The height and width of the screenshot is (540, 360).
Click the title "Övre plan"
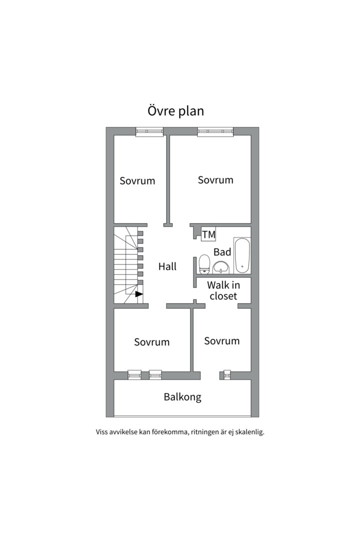click(175, 110)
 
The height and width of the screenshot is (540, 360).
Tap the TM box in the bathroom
click(208, 234)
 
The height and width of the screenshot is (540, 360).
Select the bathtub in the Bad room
click(242, 255)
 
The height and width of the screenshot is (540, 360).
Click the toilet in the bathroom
click(204, 264)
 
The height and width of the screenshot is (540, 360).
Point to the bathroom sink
click(220, 268)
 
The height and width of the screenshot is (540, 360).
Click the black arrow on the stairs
click(139, 294)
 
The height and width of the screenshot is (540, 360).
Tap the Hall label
click(167, 266)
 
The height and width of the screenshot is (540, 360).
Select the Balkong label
click(182, 397)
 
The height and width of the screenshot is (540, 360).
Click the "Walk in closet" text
click(223, 290)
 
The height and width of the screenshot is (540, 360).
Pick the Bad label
click(222, 252)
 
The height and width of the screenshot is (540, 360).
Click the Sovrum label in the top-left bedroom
click(137, 181)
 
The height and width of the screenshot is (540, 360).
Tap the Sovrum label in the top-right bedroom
click(215, 180)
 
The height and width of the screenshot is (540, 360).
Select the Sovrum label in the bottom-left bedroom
click(151, 342)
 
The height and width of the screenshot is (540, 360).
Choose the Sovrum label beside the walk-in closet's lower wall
click(221, 341)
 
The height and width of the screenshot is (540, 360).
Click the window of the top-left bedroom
click(149, 131)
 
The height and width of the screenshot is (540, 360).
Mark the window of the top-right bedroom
click(215, 131)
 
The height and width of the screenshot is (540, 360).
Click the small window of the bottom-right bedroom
click(226, 374)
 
